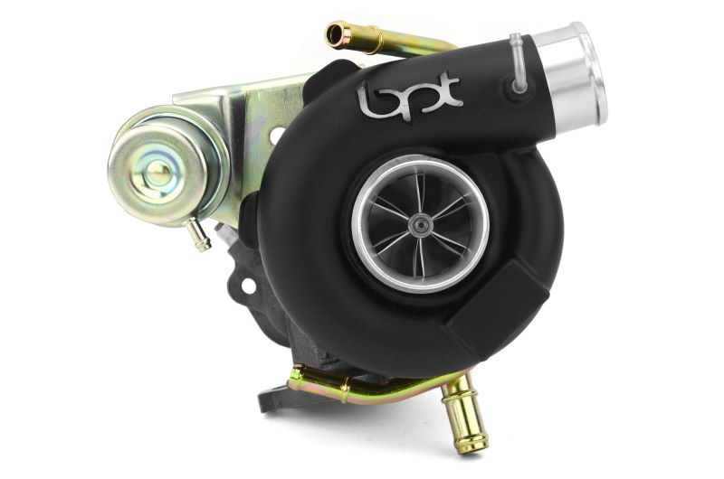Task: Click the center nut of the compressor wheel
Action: click(x=420, y=221)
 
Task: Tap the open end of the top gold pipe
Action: click(x=339, y=35)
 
